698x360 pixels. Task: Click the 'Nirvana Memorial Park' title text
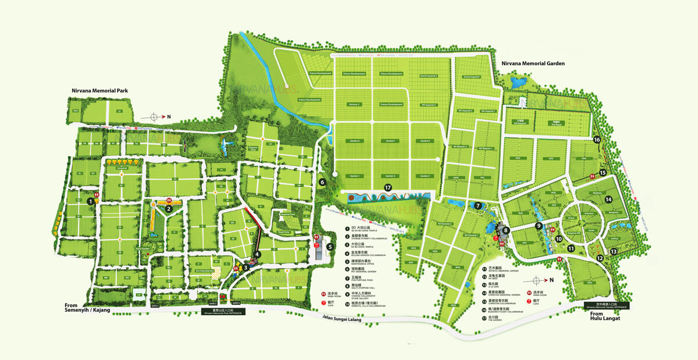(x=99, y=91)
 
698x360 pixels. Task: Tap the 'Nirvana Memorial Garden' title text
(x=529, y=63)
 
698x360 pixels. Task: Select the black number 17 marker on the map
(x=388, y=188)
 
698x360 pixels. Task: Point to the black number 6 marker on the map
(x=322, y=182)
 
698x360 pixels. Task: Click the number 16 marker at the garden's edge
(x=597, y=140)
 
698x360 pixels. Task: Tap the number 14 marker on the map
(x=608, y=199)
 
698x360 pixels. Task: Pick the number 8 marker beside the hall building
(x=506, y=230)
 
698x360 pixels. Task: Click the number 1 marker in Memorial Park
(x=90, y=201)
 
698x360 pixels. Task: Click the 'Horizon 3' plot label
(x=354, y=104)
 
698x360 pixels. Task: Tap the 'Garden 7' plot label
(x=390, y=141)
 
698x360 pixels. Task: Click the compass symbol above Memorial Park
(x=154, y=117)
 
